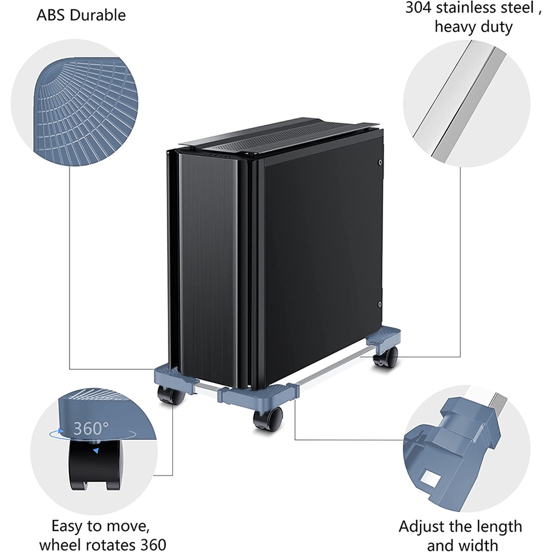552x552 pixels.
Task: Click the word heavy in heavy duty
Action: tap(457, 26)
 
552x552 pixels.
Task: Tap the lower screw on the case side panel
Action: tap(380, 304)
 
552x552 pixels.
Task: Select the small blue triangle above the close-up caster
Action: tap(96, 451)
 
